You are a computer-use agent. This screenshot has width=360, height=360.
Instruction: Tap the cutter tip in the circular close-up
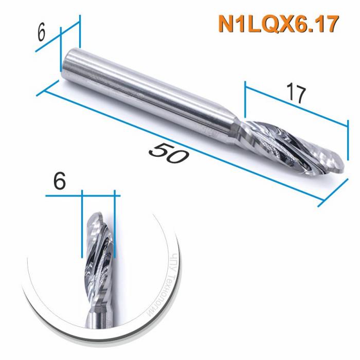tap(98, 216)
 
